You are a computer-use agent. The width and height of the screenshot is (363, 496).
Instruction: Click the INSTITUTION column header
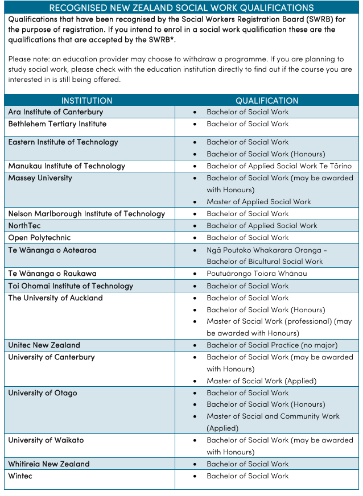[x=86, y=101]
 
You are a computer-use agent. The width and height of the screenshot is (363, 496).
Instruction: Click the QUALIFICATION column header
[x=267, y=101]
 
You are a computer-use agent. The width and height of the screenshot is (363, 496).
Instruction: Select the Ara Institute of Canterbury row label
[x=56, y=112]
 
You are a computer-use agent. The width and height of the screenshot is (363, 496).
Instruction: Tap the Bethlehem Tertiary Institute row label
[x=57, y=124]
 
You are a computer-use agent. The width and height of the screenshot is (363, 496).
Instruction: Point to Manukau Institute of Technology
[x=67, y=166]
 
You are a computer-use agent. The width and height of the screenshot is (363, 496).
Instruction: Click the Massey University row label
[x=40, y=178]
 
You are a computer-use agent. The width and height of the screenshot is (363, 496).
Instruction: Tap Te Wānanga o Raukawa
[x=52, y=274]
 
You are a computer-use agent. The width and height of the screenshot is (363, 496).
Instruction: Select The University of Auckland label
[x=55, y=298]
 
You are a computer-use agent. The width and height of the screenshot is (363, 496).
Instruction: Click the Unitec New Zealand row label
[x=44, y=345]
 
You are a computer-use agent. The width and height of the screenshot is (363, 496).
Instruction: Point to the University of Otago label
[x=43, y=393]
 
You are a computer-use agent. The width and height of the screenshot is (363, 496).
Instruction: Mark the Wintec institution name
[x=20, y=476]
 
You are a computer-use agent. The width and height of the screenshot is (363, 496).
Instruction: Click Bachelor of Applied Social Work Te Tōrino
[x=279, y=166]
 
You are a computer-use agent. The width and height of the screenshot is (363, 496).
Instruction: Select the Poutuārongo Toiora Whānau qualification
[x=257, y=274]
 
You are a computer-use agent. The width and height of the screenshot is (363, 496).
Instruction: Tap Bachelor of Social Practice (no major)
[x=272, y=345]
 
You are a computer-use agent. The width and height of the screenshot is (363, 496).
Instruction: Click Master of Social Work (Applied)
[x=261, y=381]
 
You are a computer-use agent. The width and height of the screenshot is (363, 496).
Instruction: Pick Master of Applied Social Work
[x=259, y=202]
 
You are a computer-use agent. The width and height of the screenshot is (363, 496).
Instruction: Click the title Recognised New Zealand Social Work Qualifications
[x=181, y=8]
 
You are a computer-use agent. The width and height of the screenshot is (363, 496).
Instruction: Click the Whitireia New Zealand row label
[x=49, y=464]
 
